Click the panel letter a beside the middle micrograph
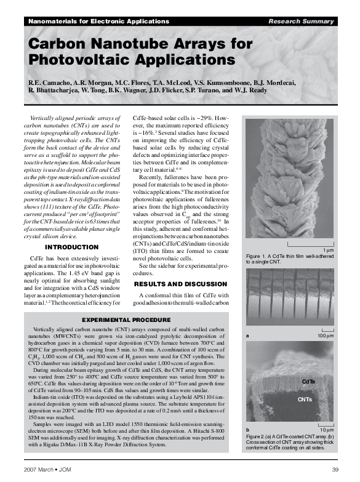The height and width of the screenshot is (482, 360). click(x=247, y=336)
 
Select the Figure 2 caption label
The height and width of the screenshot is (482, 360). click(x=258, y=435)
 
